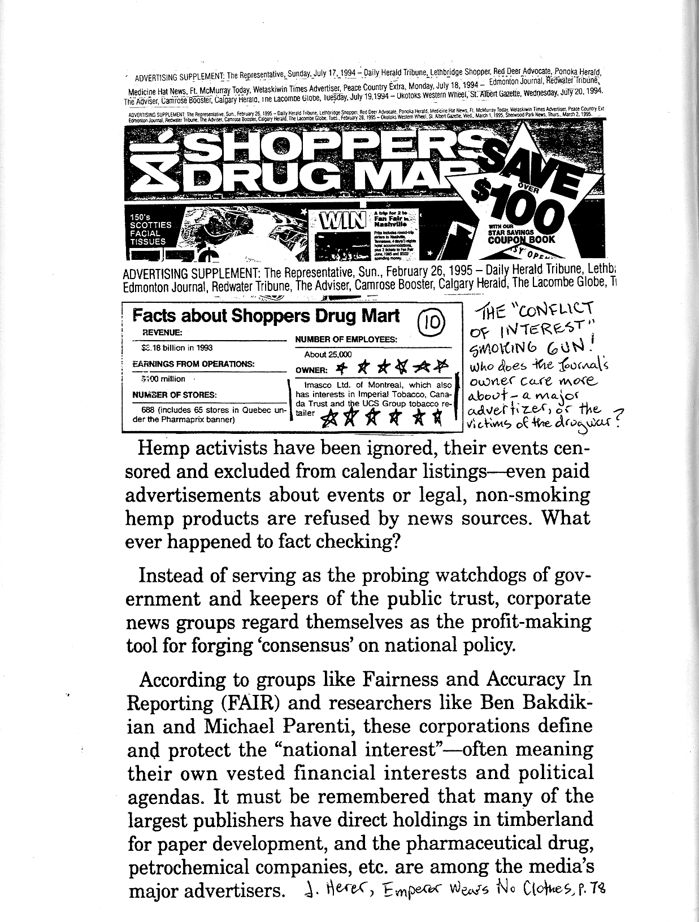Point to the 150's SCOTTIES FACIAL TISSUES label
click(149, 229)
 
